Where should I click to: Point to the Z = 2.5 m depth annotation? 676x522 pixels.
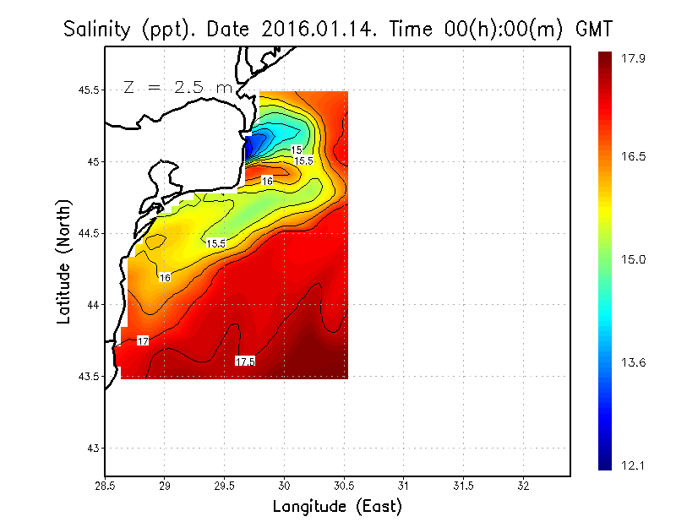177,87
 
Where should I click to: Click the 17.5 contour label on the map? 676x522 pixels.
245,361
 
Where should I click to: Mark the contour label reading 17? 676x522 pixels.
143,340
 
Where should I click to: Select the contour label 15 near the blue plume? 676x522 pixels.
297,150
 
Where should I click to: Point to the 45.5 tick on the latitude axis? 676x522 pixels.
87,90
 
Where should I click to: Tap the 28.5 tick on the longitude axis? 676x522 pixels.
105,487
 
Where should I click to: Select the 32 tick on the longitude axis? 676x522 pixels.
523,487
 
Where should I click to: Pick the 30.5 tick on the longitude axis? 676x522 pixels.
344,487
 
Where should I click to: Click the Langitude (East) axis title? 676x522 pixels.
337,506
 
